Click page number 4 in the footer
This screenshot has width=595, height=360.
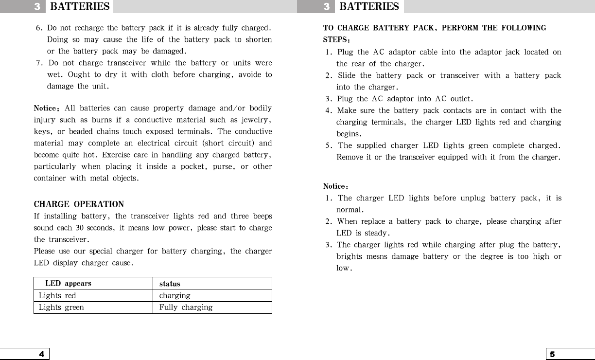[42, 354]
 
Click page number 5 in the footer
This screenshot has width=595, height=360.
[552, 354]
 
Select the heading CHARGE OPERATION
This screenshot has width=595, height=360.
[79, 204]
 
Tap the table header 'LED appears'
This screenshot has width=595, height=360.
[68, 284]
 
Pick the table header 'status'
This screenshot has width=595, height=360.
[170, 284]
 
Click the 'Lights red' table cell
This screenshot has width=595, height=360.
[57, 296]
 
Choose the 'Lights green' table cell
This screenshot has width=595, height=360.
[61, 307]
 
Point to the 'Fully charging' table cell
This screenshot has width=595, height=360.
[186, 307]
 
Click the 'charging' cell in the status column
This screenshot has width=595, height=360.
[175, 296]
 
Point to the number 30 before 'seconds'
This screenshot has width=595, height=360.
[80, 228]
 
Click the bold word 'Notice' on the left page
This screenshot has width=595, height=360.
[45, 108]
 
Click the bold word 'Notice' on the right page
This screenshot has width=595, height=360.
[334, 186]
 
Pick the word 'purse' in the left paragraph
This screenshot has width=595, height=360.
[224, 166]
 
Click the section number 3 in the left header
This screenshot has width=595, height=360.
[37, 7]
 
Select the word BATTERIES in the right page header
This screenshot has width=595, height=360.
[369, 7]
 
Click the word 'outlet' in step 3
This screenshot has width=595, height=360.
[460, 99]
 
